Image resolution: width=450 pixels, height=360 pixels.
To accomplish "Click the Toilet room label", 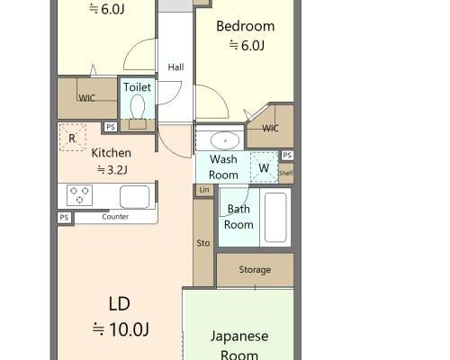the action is [137, 87].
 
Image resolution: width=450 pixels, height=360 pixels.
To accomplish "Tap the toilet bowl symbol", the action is [138, 106].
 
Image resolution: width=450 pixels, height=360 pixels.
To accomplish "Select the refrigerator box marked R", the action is [73, 138].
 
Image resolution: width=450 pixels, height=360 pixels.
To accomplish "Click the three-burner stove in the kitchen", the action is [79, 195].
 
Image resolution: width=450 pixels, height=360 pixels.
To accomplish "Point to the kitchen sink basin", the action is [135, 197].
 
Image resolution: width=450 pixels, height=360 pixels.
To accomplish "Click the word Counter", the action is [115, 217].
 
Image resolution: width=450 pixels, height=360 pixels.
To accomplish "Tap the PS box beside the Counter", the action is [64, 217].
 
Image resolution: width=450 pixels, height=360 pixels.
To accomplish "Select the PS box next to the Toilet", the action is [111, 127].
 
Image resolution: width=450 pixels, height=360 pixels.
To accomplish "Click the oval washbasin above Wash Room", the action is [225, 140].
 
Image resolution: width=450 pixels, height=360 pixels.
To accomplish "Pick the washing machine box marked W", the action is [264, 167].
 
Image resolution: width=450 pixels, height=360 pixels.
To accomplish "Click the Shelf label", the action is [286, 173].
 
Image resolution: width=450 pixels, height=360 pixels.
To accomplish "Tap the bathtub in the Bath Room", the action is [275, 217].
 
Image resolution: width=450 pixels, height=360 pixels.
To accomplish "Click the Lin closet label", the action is [204, 190].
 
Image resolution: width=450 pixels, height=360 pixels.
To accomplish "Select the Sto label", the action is [203, 243].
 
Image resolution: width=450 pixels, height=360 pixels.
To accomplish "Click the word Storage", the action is [255, 270].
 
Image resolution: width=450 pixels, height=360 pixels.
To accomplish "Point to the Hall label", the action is [175, 67].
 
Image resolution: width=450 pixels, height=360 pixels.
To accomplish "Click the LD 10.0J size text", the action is [121, 329].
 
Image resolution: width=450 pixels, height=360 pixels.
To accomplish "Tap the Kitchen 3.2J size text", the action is [112, 170].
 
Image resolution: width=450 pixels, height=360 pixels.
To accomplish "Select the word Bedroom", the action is [246, 26].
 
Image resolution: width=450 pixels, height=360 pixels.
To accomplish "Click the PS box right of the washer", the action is [287, 155].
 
